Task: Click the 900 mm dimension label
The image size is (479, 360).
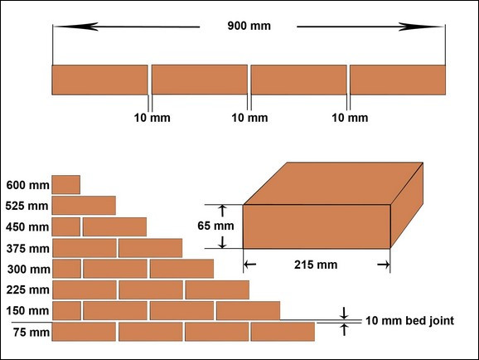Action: [249, 26]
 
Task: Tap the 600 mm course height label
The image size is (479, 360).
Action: [28, 185]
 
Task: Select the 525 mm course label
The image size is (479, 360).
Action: [27, 206]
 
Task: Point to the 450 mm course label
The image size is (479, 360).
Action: [27, 227]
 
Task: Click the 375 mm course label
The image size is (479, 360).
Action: [28, 248]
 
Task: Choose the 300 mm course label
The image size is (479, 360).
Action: [29, 269]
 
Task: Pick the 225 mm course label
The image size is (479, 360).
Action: [28, 289]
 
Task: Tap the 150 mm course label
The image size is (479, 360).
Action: [27, 311]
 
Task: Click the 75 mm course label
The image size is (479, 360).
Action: [31, 332]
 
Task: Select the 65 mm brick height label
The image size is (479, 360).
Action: [215, 226]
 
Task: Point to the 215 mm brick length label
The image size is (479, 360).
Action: [316, 265]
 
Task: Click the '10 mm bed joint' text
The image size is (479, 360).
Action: [409, 321]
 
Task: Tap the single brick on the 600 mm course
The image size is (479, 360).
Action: [66, 185]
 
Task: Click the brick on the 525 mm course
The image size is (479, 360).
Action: [84, 206]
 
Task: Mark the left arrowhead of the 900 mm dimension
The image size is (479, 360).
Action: [76, 27]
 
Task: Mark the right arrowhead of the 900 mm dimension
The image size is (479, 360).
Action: [422, 27]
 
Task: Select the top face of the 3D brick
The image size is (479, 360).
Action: [333, 183]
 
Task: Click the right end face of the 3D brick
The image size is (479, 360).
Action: [407, 205]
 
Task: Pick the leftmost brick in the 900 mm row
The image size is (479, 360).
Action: [99, 80]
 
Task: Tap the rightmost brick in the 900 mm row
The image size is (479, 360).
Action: [398, 80]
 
